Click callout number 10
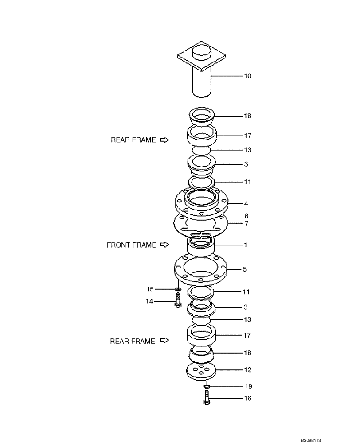(247, 76)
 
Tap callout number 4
(246, 204)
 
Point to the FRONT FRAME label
(131, 245)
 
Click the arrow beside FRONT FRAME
(165, 245)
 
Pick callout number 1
(245, 245)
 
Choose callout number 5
(245, 269)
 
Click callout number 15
(150, 289)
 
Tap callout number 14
(150, 301)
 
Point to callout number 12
(247, 369)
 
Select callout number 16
(247, 398)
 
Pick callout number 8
(246, 216)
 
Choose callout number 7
(246, 224)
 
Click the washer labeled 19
(207, 387)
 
